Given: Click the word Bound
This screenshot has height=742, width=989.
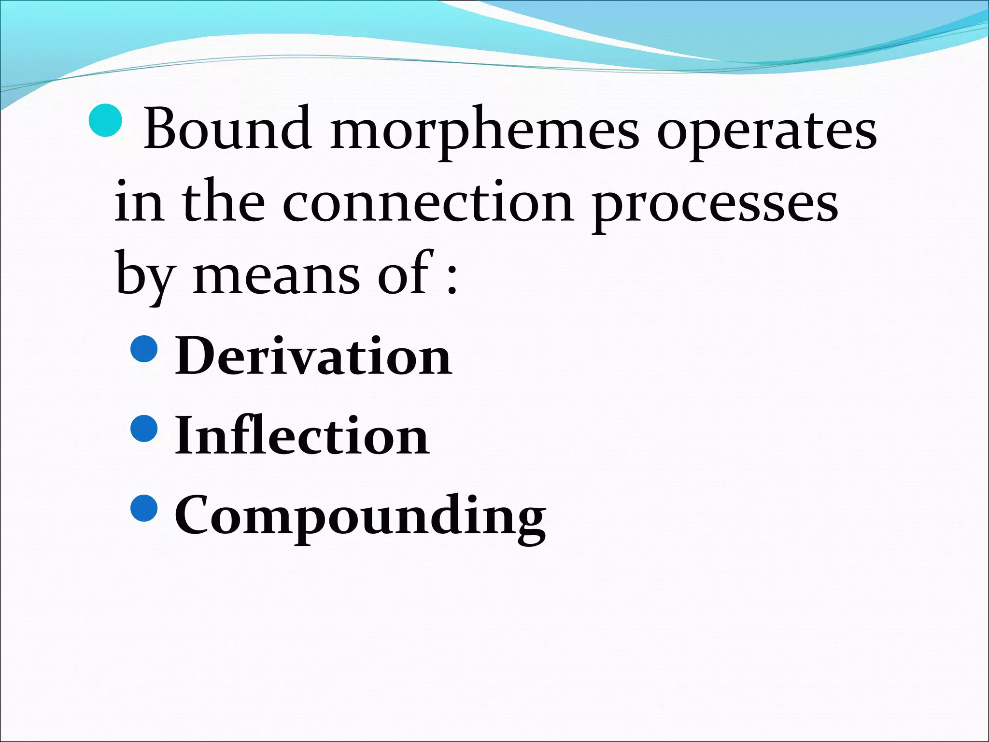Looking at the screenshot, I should (227, 128).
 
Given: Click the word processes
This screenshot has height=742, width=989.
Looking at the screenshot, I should (715, 205).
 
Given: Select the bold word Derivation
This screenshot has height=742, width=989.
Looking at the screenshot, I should (313, 356).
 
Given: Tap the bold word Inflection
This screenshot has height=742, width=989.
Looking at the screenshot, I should (302, 435).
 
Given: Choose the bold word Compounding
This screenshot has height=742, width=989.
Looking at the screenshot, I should (360, 516).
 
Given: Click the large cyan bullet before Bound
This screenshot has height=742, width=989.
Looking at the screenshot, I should (106, 121).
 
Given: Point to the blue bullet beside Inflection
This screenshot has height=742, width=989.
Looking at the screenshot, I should (144, 428).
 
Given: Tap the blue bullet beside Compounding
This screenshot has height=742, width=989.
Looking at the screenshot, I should (144, 508).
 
